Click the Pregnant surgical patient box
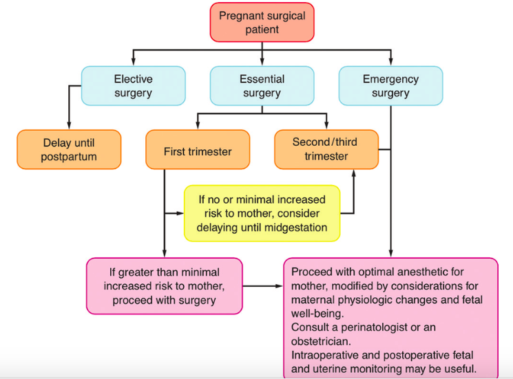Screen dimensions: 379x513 [x=262, y=23]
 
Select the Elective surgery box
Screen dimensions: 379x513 [x=133, y=85]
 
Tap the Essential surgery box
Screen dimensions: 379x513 [x=262, y=85]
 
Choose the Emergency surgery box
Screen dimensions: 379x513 [x=390, y=85]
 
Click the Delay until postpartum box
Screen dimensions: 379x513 [x=69, y=150]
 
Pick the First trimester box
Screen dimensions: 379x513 [x=198, y=150]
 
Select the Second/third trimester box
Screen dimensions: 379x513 [x=326, y=149]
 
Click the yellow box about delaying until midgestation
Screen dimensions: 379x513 [x=262, y=213]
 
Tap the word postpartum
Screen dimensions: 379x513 [x=69, y=157]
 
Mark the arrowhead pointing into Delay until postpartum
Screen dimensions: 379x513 [x=69, y=127]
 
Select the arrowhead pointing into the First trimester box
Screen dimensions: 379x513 [x=198, y=126]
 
